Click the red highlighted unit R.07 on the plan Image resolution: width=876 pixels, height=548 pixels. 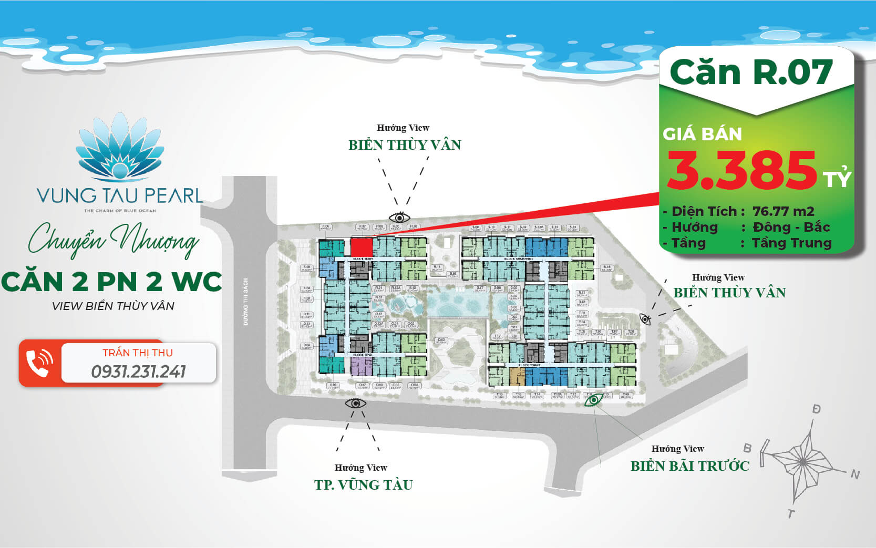pos(362,247)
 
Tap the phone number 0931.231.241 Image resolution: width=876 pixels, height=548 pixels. pos(139,371)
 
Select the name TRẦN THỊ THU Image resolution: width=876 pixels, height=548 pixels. pos(138,353)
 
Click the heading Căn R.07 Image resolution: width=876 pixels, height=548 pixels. pos(751,72)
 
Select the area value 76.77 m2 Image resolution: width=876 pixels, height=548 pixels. pos(783,211)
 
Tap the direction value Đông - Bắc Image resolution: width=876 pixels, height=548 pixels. pos(791,227)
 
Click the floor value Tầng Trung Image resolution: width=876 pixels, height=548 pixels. pos(791,243)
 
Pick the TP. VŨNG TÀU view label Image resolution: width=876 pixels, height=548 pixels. pos(363,484)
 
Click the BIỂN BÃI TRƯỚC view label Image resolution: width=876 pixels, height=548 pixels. pos(690,466)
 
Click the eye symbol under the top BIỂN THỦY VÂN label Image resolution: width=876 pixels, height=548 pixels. pos(399,217)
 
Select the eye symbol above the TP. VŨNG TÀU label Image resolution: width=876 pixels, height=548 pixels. pos(355,403)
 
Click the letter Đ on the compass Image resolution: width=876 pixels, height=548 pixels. pos(816,409)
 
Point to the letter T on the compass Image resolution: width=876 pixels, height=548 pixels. pos(791,513)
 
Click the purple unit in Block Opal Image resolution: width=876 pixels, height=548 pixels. pos(361,366)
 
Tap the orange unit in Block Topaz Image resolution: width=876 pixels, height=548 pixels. pos(517,376)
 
